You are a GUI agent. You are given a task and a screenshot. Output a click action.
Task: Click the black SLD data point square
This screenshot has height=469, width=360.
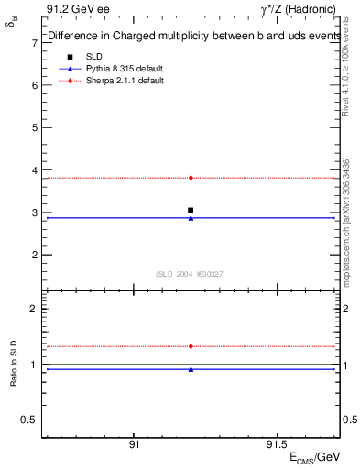(x=191, y=210)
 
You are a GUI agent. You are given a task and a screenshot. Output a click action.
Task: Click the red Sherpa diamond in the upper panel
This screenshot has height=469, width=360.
(x=191, y=178)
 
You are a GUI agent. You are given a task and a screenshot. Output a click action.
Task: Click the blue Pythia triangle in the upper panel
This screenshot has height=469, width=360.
(x=191, y=218)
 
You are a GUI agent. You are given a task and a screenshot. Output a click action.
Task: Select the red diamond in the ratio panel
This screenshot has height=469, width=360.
(x=191, y=346)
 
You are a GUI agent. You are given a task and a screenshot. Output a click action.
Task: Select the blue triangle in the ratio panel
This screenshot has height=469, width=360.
(x=191, y=369)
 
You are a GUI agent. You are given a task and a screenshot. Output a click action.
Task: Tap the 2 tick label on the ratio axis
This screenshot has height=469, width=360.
(x=34, y=310)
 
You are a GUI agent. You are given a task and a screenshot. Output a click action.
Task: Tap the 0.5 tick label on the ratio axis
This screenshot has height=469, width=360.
(x=30, y=420)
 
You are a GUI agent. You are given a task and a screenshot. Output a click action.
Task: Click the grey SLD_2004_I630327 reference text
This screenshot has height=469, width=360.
(x=191, y=274)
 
